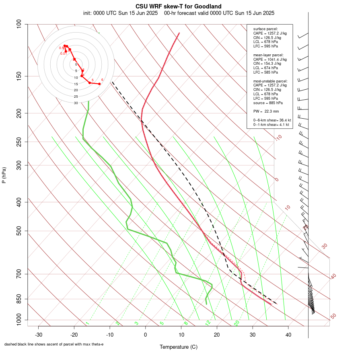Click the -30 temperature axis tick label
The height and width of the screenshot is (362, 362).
[x=39, y=335]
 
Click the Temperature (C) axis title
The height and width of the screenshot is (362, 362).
[x=178, y=347]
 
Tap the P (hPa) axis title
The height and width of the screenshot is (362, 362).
[x=4, y=175]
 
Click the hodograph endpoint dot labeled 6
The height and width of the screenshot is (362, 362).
[x=99, y=84]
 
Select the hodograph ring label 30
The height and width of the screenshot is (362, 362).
[x=76, y=103]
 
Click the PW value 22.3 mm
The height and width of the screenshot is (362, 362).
[x=271, y=111]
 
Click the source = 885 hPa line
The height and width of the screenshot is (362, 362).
[x=265, y=103]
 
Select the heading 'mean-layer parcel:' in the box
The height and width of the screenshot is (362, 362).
[x=268, y=55]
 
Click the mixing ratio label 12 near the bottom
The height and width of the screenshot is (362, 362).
[x=208, y=323]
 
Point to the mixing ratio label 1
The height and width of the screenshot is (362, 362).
[x=87, y=323]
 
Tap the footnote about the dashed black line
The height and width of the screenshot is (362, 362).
[x=54, y=344]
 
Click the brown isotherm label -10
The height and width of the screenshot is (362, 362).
[x=278, y=138]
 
